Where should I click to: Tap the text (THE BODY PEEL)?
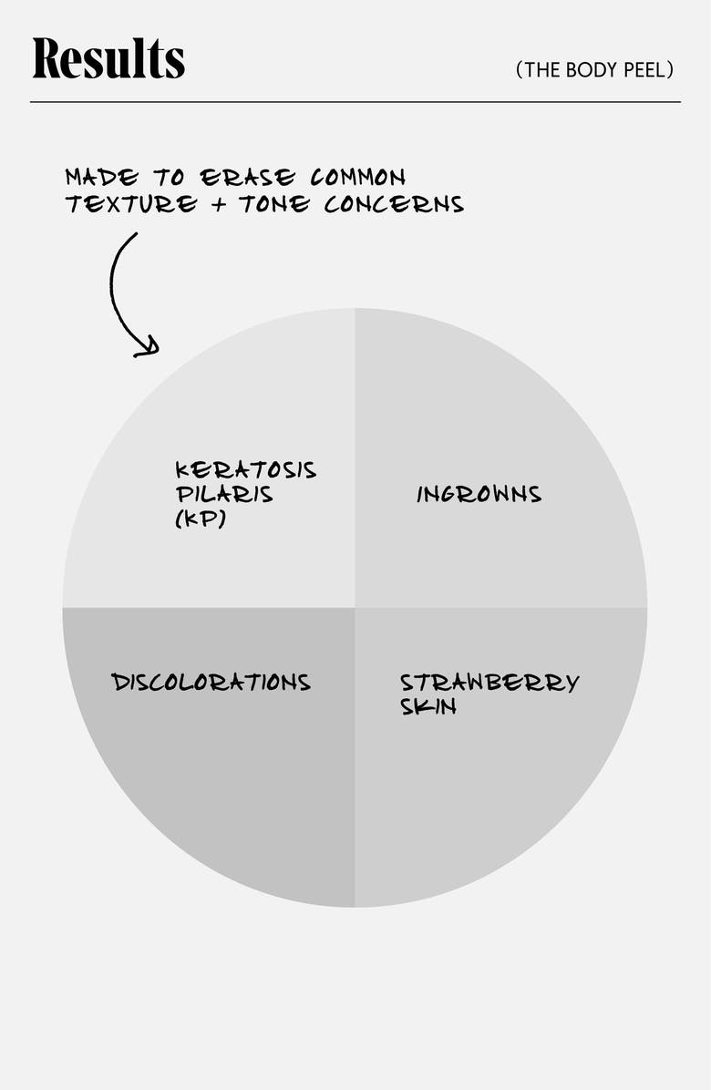594,70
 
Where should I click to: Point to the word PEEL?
646,70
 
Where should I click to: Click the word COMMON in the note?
357,176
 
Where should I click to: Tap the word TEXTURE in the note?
130,204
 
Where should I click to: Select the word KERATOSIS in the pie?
245,470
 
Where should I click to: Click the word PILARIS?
224,496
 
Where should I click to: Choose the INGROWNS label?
479,495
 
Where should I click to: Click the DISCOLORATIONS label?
211,683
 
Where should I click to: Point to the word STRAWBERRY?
489,683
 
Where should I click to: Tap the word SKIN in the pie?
428,707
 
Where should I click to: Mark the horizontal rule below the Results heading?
355,101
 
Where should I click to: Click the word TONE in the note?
275,204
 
